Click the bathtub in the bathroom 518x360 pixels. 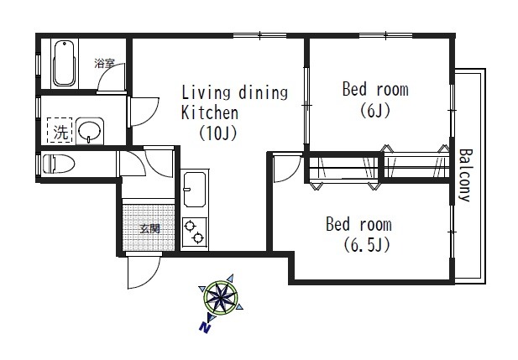click(64, 63)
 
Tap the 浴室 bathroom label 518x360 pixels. click(105, 63)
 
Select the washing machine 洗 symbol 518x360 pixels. click(60, 130)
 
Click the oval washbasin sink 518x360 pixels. click(90, 130)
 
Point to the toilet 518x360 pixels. click(59, 164)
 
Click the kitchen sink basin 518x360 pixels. click(195, 190)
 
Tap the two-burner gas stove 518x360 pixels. click(194, 232)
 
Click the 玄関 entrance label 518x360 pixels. click(149, 228)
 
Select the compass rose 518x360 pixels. click(220, 298)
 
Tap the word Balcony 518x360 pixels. click(466, 175)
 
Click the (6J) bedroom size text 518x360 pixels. click(375, 110)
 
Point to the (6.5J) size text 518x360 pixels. click(367, 245)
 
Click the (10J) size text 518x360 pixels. click(218, 133)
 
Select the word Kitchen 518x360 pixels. click(210, 112)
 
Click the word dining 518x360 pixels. click(263, 93)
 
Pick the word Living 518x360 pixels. click(206, 93)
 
